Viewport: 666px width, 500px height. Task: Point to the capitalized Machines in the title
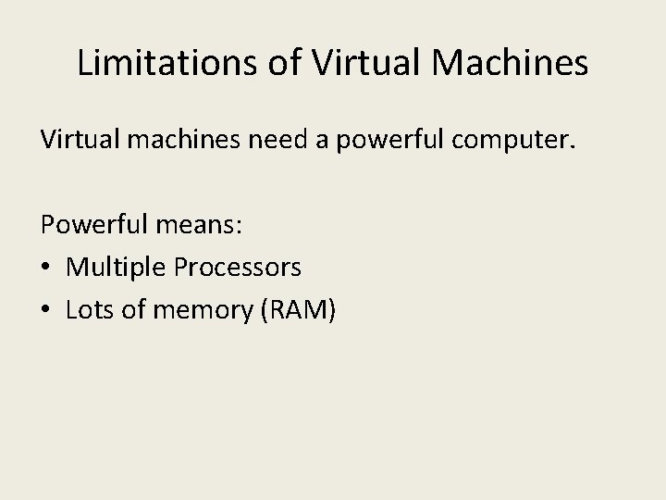pos(518,63)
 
